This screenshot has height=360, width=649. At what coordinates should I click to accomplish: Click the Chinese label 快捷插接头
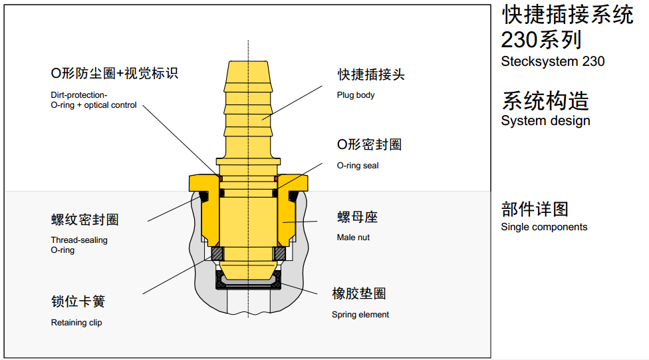tap(371, 75)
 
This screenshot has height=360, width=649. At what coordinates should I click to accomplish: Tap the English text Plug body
tap(356, 95)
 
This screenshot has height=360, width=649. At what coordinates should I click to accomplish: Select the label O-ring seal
tap(358, 166)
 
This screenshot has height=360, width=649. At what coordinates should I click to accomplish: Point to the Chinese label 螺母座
tap(358, 218)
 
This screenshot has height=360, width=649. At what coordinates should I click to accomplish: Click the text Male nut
tap(354, 238)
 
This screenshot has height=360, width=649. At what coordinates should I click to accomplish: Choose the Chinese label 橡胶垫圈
tap(359, 293)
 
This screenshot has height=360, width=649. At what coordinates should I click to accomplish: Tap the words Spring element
tap(360, 315)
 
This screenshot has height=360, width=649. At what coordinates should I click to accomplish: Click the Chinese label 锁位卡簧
tap(78, 301)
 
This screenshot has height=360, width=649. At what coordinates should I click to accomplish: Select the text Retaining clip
tap(76, 323)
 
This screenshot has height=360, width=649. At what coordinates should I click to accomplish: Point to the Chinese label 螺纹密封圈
tap(84, 220)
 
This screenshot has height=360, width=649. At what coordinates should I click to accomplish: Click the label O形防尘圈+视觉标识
tap(114, 73)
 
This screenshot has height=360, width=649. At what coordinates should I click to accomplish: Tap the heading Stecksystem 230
tap(553, 62)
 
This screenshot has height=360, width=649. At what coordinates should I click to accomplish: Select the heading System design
tap(545, 121)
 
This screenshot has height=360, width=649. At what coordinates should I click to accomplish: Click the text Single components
tap(544, 227)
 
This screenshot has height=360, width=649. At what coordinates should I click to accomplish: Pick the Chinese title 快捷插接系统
tap(567, 15)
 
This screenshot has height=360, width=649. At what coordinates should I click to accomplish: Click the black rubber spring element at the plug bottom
tap(249, 285)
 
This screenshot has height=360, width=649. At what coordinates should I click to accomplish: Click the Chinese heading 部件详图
tap(535, 209)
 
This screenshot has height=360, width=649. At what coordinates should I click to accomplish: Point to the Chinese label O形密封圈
tap(369, 144)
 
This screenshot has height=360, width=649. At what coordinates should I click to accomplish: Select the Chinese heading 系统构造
tap(545, 101)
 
